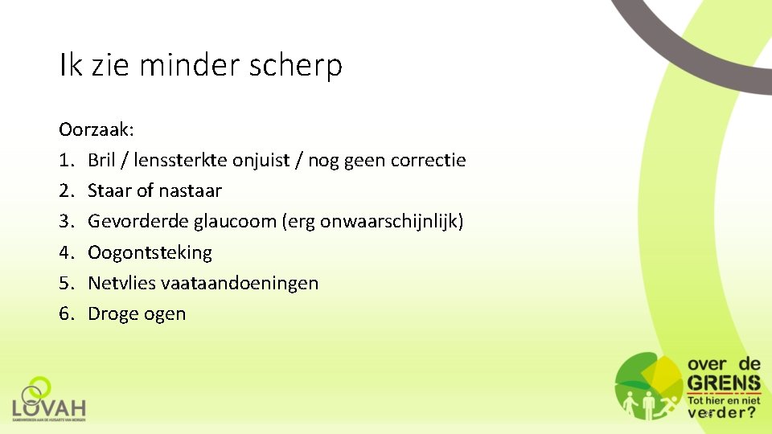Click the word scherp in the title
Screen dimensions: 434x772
pos(300,66)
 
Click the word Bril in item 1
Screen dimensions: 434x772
pos(101,160)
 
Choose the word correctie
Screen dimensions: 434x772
pos(428,160)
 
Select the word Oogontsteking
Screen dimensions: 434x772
pos(150,252)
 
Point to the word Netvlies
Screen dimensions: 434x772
pos(121,283)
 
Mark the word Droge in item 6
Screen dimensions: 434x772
pos(113,313)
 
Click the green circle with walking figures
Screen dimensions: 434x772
pos(648,387)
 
